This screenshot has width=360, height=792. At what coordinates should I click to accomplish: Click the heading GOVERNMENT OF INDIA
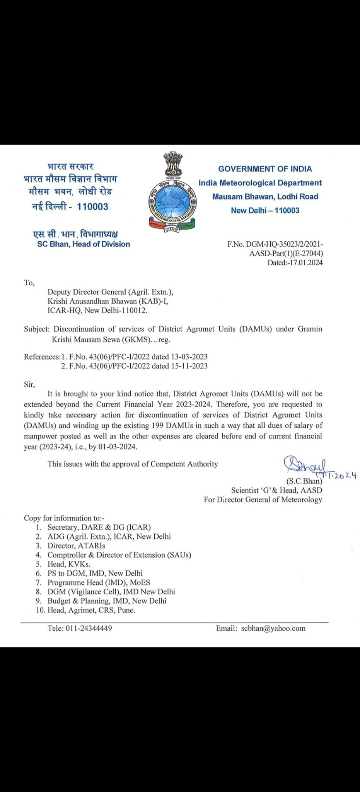[265, 169]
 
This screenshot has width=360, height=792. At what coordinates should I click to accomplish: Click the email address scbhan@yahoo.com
[273, 628]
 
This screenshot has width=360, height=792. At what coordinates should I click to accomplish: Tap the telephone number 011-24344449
[89, 628]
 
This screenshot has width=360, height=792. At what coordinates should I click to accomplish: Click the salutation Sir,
[29, 384]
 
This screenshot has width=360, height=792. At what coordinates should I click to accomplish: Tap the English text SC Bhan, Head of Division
[84, 244]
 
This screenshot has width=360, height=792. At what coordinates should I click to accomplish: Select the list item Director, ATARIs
[76, 546]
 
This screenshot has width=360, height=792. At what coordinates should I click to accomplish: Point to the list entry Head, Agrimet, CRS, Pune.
[91, 610]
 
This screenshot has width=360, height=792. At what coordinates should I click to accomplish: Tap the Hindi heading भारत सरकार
[70, 167]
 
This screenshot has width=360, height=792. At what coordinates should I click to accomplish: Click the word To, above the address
[29, 283]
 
